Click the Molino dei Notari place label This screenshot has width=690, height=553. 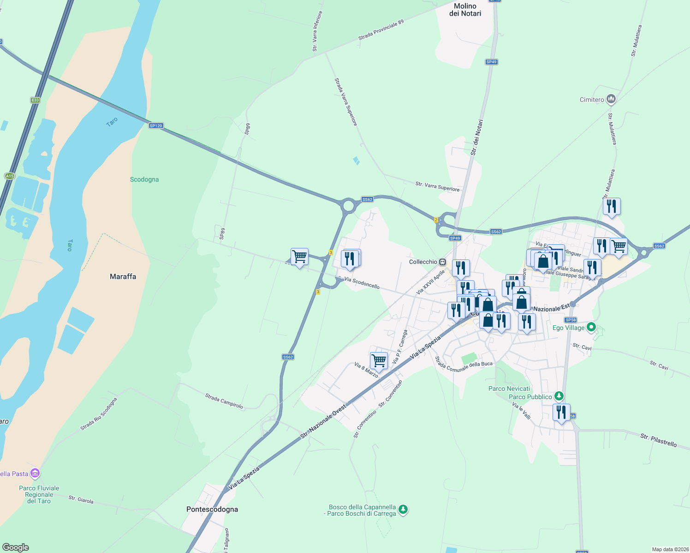[465, 10]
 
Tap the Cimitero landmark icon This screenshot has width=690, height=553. [611, 99]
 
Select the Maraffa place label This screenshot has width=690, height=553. [123, 276]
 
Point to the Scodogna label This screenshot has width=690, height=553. [144, 179]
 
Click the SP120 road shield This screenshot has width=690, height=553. [156, 126]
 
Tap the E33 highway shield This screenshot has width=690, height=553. [36, 100]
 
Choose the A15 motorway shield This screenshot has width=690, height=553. [9, 176]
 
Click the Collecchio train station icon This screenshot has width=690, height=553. [443, 262]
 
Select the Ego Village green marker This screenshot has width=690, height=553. [591, 328]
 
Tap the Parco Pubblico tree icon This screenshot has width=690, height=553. [559, 396]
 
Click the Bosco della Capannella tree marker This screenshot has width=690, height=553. [403, 510]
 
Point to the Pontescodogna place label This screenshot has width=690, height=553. [212, 509]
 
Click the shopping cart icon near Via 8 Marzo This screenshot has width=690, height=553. [379, 361]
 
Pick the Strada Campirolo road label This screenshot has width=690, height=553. [224, 400]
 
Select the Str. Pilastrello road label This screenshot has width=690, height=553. [658, 440]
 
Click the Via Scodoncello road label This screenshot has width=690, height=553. [362, 283]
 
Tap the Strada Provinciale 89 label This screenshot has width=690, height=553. [381, 30]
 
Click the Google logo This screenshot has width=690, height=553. [15, 547]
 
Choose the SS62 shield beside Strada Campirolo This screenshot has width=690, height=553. [288, 357]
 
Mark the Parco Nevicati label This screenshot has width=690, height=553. [509, 388]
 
